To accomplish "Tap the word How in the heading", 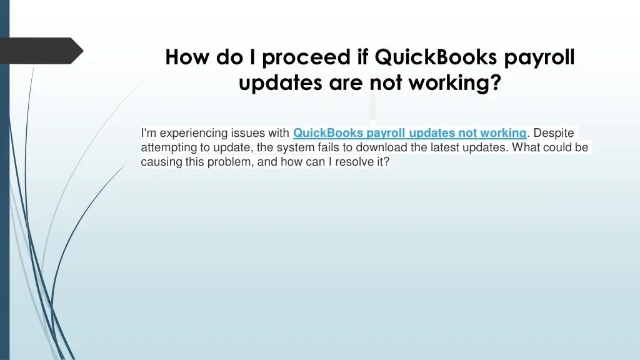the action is click(187, 57).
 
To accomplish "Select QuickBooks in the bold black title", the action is click(436, 57).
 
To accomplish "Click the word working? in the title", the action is click(455, 83).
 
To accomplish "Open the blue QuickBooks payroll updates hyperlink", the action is click(410, 133).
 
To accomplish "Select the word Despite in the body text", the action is click(554, 133).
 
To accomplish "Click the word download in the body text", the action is click(381, 147).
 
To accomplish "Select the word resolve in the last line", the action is click(354, 162).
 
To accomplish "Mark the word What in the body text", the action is click(525, 147).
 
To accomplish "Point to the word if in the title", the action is click(363, 57).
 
